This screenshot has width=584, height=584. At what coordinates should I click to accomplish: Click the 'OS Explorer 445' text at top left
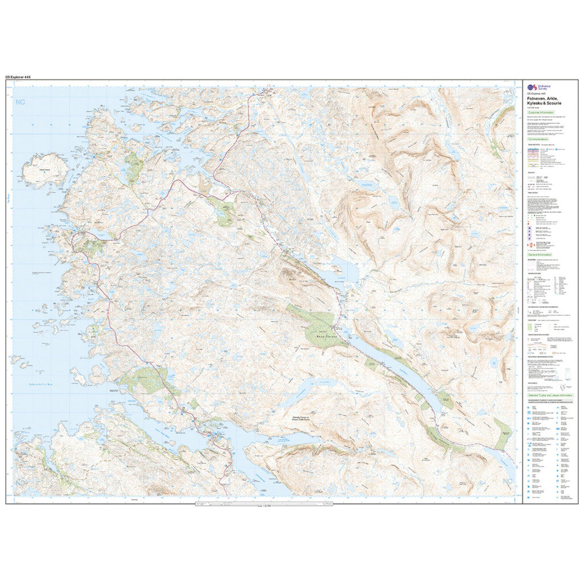point(22,77)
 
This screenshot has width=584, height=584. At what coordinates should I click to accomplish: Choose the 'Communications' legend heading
point(538,139)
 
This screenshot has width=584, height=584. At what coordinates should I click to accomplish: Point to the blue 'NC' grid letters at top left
point(22,103)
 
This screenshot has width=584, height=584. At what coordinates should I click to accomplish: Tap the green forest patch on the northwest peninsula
point(135,165)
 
